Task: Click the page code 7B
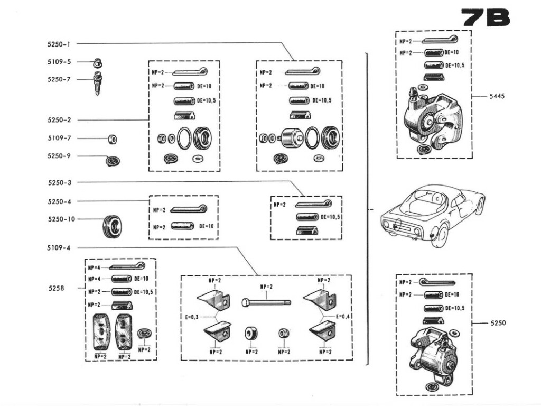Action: point(486,17)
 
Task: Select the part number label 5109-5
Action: point(58,62)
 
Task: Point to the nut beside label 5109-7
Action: point(111,139)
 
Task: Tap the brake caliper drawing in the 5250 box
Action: point(432,352)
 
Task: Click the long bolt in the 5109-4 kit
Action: point(265,302)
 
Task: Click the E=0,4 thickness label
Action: point(343,317)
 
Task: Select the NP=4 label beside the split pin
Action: point(95,268)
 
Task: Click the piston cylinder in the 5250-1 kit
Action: point(291,139)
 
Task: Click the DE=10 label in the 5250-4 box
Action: point(207,226)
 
